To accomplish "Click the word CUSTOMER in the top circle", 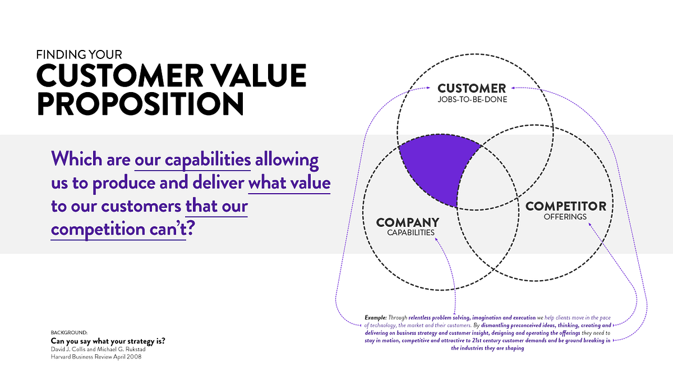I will (472, 88).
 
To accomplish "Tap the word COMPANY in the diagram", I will (407, 222).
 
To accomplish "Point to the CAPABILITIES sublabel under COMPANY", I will (411, 232).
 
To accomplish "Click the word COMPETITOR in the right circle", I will (565, 206).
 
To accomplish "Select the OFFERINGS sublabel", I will (565, 217).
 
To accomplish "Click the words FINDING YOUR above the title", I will (79, 55).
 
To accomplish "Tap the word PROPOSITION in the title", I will (140, 104).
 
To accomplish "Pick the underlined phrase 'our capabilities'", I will (192, 160).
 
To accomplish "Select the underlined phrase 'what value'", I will (289, 183).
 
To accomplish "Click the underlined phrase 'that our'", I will (216, 206).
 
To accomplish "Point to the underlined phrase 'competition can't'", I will (118, 230).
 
